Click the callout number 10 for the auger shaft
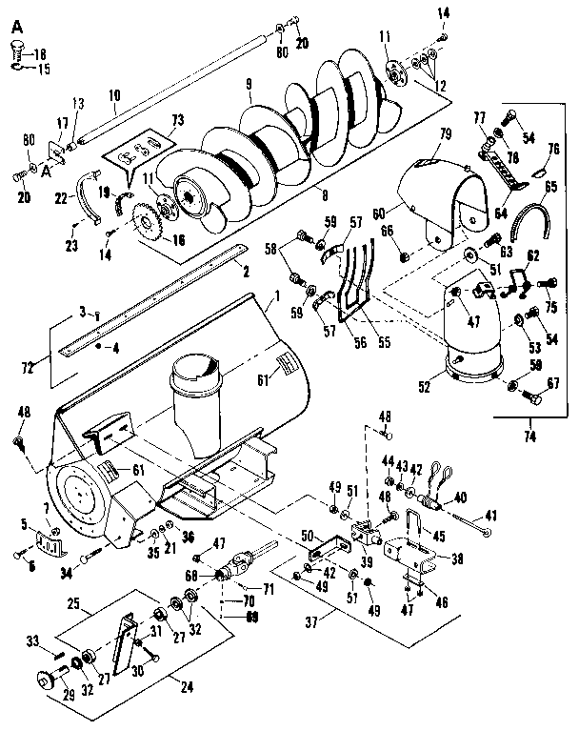[114, 95]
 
